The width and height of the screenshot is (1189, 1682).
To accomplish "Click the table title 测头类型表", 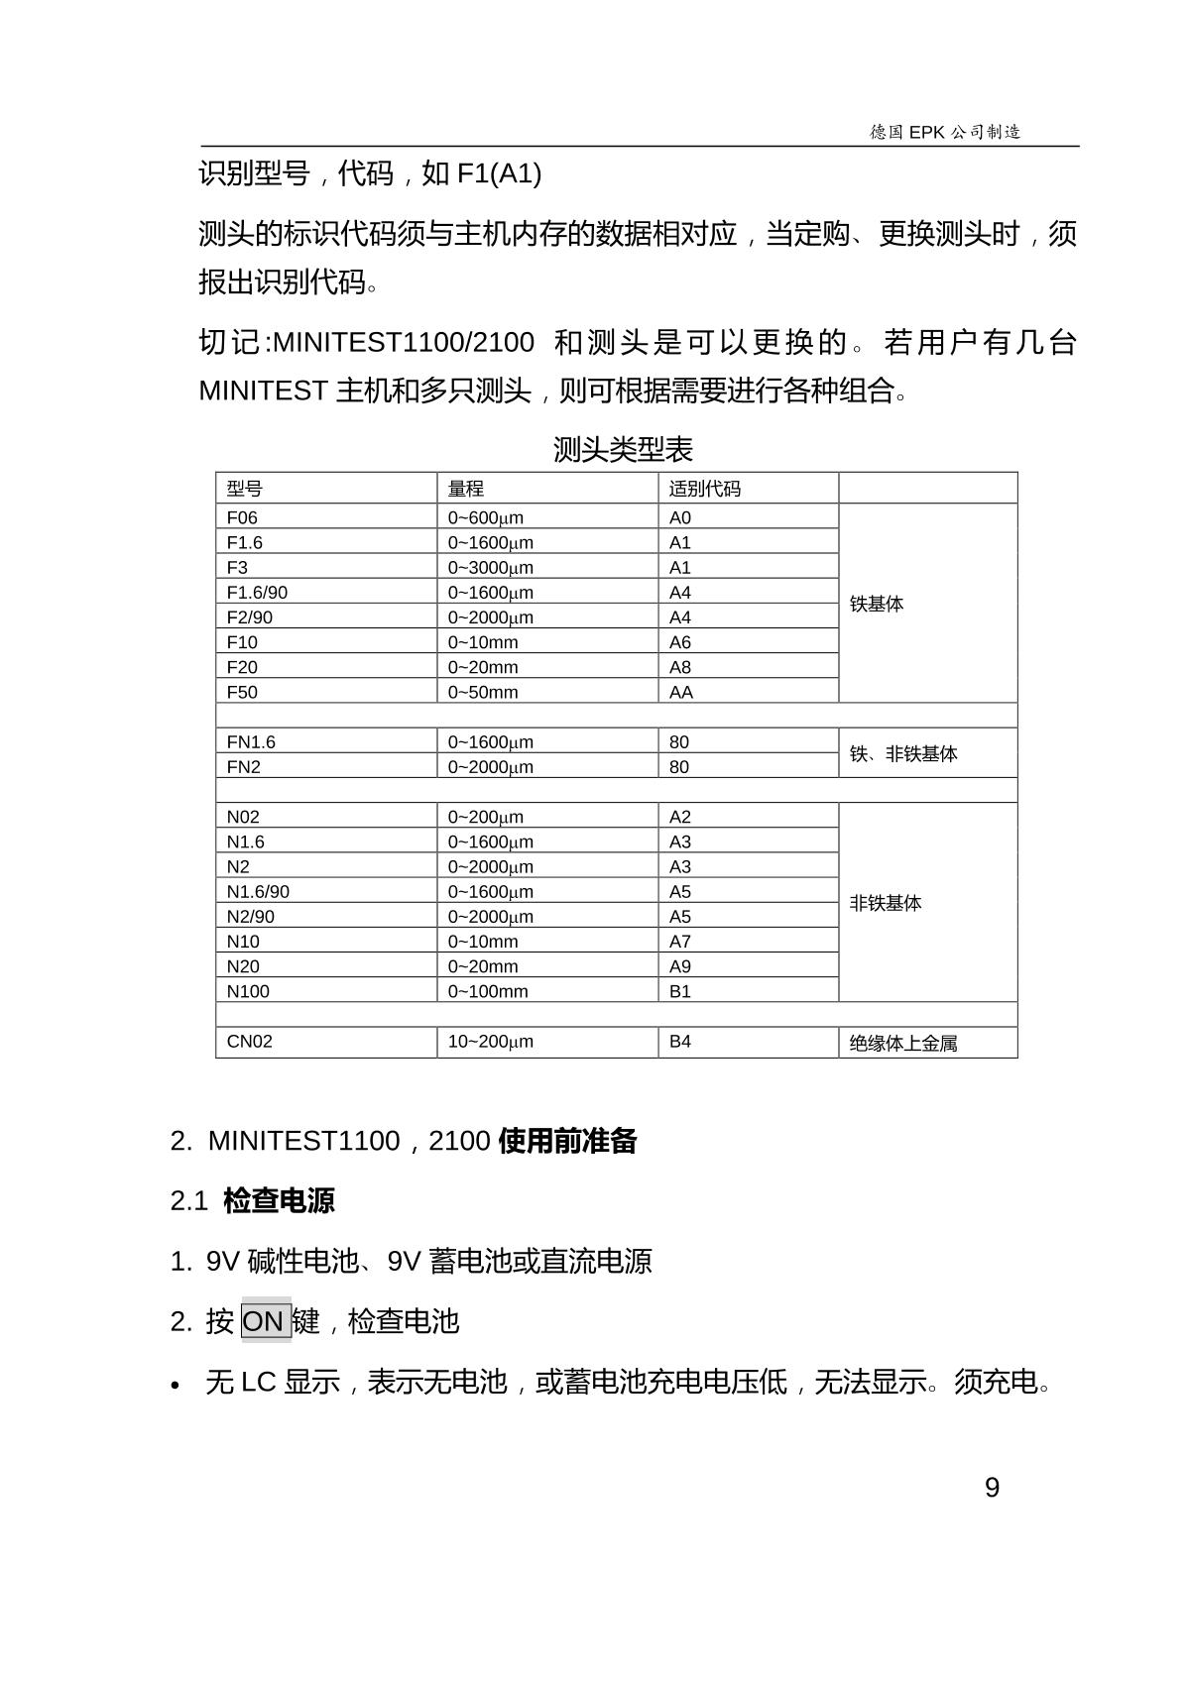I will (623, 450).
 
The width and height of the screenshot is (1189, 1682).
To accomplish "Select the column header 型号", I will (245, 489).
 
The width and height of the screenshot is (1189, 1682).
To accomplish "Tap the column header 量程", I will (466, 489).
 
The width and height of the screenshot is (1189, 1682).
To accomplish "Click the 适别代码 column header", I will (705, 489).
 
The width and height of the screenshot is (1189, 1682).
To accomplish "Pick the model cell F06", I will (242, 517).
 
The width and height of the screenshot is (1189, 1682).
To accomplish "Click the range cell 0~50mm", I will (483, 692).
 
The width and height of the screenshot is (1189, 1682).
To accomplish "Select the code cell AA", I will (681, 692).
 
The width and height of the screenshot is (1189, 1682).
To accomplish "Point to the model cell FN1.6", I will (251, 741).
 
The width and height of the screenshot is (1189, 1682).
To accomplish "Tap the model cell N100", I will (248, 991).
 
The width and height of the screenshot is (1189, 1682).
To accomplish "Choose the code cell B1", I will (680, 991).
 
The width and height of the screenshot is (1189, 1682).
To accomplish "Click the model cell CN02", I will (249, 1042).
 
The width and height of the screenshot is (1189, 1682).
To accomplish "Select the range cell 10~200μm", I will (491, 1042).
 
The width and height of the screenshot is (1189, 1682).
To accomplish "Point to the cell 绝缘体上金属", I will (903, 1043).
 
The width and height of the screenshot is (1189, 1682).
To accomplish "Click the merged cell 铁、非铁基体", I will (903, 754).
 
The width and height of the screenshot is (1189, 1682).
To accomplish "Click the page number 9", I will (992, 1488).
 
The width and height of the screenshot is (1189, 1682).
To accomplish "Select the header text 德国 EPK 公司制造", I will (945, 132).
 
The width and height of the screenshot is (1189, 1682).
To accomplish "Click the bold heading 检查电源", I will (279, 1200).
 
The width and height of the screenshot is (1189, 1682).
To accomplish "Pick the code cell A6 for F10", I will (680, 642).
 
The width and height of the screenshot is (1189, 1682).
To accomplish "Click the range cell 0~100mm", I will (488, 991).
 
